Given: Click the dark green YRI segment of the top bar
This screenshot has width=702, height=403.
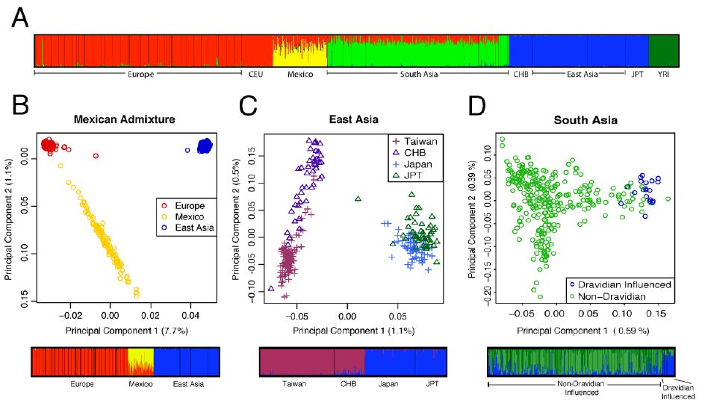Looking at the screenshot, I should [x=663, y=52].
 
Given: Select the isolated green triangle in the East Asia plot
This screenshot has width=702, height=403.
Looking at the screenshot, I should [x=358, y=199].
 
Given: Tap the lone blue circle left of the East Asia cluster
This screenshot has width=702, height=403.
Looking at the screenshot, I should [x=187, y=150].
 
